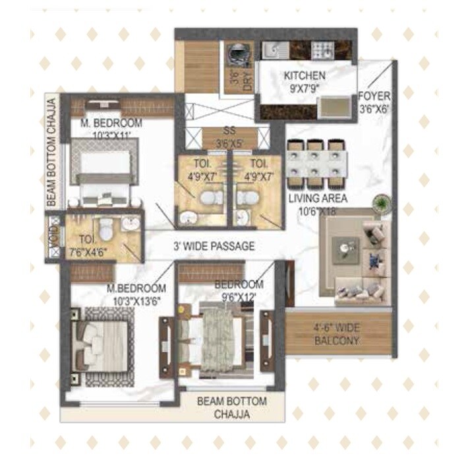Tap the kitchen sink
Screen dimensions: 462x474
(x=272, y=50)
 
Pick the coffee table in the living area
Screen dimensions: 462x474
(x=346, y=249)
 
